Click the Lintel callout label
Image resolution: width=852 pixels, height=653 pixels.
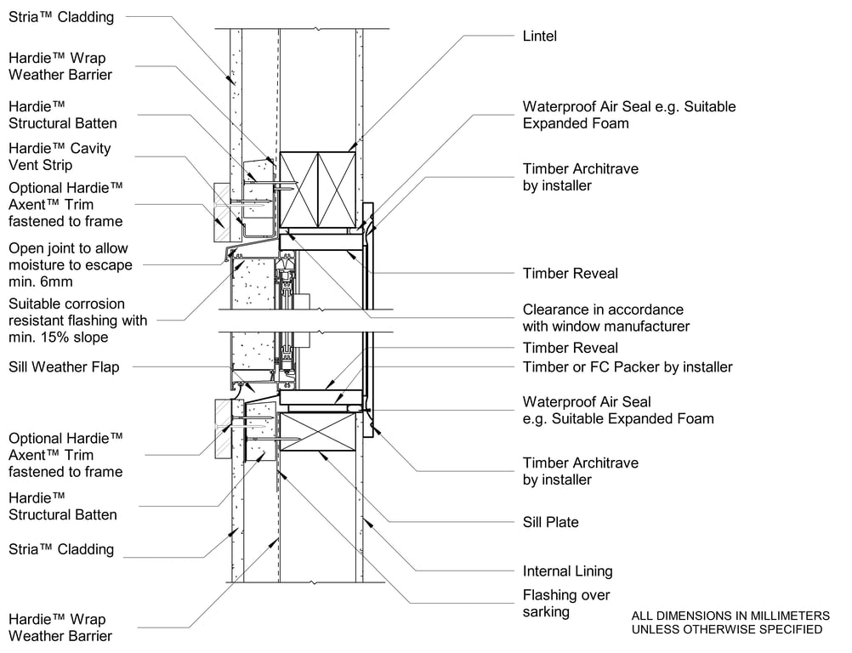(x=539, y=37)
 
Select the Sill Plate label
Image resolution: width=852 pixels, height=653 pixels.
(x=550, y=522)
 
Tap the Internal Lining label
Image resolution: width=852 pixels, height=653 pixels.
(x=567, y=571)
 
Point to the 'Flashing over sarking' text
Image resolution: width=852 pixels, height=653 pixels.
(x=566, y=604)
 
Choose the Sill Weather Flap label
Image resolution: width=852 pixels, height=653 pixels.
(x=64, y=367)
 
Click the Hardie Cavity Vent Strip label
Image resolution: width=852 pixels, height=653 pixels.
(x=60, y=156)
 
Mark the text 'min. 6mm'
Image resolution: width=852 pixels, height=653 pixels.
(x=40, y=281)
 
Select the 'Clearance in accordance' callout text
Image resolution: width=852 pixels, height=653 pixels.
(x=603, y=309)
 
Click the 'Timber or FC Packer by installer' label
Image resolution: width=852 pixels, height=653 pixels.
(x=627, y=367)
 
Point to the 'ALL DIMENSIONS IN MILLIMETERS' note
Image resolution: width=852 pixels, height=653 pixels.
(x=730, y=616)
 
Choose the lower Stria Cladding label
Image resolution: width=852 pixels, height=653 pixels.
(x=60, y=549)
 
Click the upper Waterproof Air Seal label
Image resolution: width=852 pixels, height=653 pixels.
(x=628, y=107)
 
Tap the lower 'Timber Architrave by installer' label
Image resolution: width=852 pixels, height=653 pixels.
(x=580, y=471)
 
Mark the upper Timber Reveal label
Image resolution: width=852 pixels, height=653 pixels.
(x=570, y=274)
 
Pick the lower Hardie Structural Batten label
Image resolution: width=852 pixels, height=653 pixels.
(x=63, y=506)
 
